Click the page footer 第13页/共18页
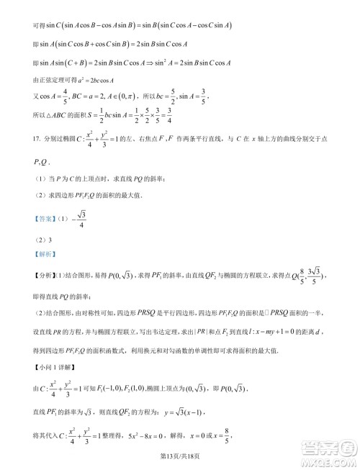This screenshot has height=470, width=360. point(180,453)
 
